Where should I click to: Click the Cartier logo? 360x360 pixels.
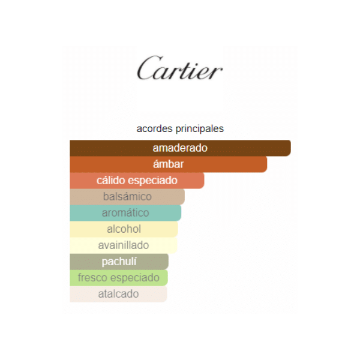(180, 68)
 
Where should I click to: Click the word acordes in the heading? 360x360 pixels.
(154, 128)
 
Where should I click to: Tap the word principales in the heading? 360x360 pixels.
(200, 129)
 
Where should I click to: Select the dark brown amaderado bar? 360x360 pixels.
(180, 148)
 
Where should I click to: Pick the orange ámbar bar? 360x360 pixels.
(168, 164)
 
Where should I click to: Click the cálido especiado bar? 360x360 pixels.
(137, 181)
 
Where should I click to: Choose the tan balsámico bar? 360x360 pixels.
(127, 197)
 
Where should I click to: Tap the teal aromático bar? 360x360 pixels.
(125, 213)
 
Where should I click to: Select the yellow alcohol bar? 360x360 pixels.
(124, 229)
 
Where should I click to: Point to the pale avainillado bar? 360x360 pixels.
(124, 245)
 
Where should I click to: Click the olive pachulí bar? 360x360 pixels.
(119, 262)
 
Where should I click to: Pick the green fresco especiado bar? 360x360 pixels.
(119, 278)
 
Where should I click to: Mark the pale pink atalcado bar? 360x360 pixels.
(118, 294)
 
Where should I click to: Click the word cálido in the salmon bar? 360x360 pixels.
(110, 181)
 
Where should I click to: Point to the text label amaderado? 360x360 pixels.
(180, 148)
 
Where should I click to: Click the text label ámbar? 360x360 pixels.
(168, 164)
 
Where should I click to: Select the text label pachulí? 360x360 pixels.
(119, 262)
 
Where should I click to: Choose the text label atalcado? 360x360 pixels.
(118, 294)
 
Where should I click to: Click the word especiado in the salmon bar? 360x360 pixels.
(152, 181)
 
